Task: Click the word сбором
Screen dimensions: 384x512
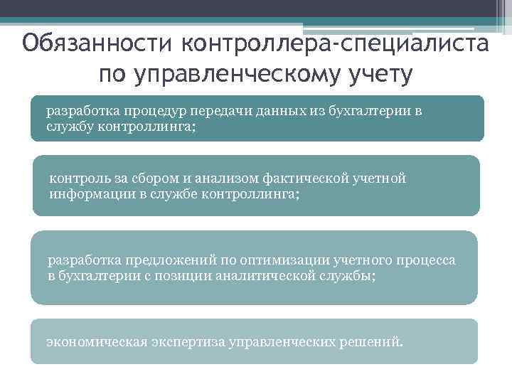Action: click(x=150, y=178)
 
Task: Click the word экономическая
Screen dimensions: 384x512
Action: click(x=97, y=341)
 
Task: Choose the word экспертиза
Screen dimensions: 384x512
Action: click(x=188, y=341)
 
